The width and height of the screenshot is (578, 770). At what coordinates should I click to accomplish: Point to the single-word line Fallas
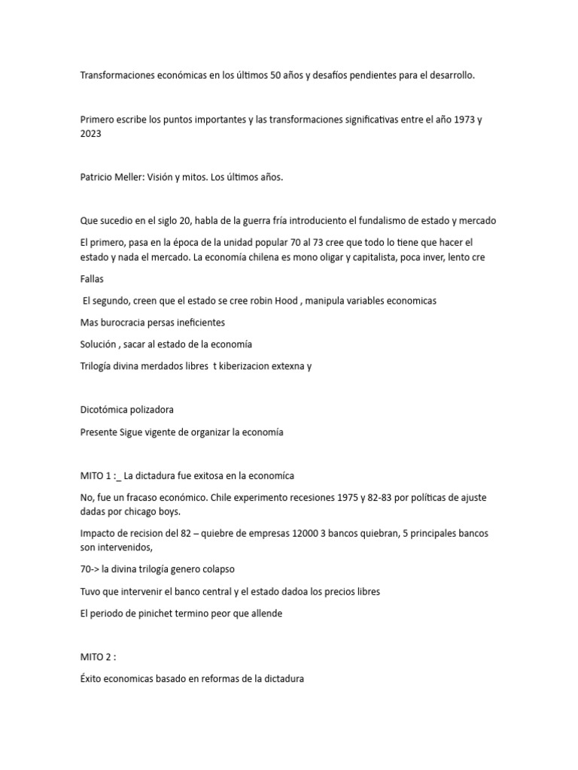coord(92,279)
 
